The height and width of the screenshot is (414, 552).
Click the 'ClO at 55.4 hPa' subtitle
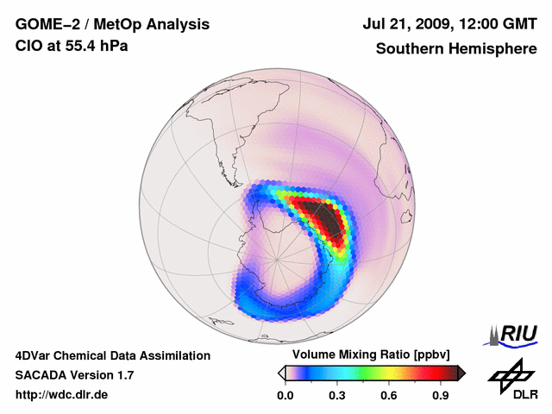(72, 46)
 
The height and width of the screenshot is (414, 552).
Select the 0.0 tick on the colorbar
(285, 396)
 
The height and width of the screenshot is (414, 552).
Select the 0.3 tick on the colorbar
(337, 396)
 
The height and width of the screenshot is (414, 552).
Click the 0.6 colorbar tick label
(389, 396)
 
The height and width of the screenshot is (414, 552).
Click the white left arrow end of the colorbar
(281, 373)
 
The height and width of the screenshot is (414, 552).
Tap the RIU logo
(513, 334)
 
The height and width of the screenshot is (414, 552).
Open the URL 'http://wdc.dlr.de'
(62, 395)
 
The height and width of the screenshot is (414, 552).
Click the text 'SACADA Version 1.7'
(74, 375)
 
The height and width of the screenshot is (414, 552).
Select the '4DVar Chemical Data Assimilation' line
(113, 355)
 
